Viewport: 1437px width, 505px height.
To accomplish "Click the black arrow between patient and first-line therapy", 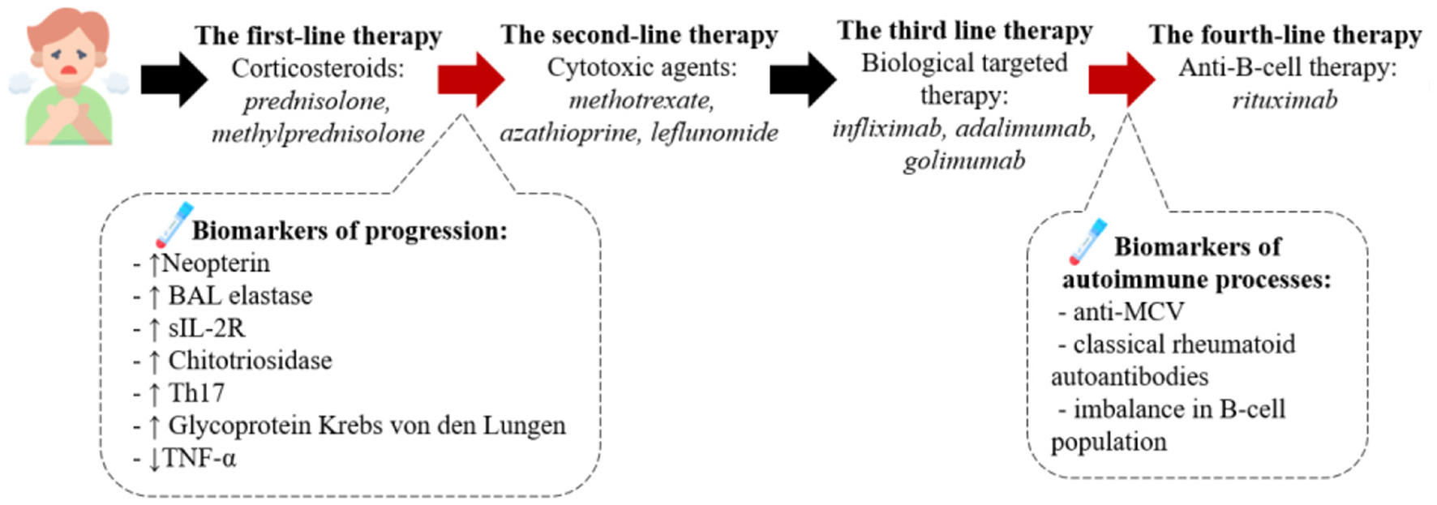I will tap(174, 79).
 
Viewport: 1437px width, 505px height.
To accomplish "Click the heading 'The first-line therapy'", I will tap(318, 36).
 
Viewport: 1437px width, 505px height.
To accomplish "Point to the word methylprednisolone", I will tap(318, 133).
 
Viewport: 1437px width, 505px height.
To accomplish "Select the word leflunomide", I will tap(714, 132).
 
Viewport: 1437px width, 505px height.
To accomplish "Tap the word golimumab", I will tap(964, 160).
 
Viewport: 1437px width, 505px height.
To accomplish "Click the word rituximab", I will tap(1285, 100).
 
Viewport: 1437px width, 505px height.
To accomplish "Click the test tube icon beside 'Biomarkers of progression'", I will tap(173, 225).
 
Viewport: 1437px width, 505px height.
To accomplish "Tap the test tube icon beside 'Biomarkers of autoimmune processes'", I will tap(1087, 241).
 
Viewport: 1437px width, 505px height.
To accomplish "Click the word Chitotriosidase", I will tap(250, 361).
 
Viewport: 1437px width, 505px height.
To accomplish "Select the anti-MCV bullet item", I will tap(1127, 312).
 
